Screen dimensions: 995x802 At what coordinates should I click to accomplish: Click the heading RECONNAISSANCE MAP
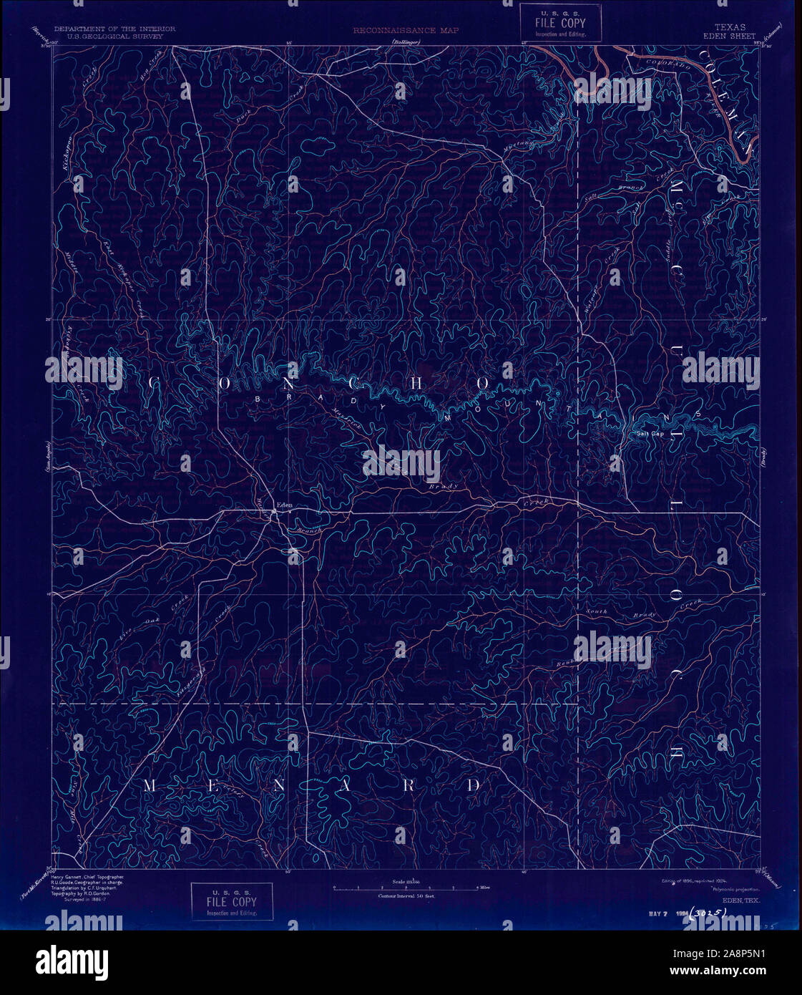[406, 31]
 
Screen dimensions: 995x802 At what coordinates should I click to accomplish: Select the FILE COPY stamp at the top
[560, 24]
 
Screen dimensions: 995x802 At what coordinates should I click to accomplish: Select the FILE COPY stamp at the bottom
[232, 901]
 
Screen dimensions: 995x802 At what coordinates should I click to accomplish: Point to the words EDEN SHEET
[730, 36]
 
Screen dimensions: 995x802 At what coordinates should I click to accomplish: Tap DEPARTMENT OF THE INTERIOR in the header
[114, 29]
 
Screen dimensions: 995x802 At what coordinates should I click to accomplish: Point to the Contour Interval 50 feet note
[406, 895]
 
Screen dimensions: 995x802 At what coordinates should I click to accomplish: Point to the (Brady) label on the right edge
[764, 462]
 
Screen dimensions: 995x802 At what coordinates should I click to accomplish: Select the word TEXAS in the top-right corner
[730, 27]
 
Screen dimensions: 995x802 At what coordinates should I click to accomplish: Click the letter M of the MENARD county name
[150, 786]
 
